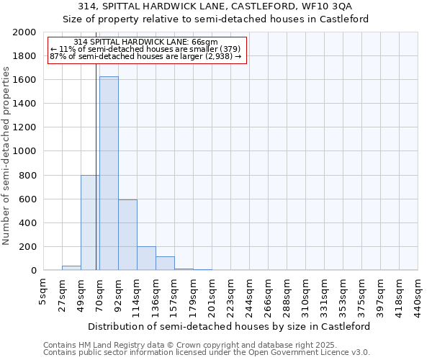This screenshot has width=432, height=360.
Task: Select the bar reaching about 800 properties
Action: click(89, 223)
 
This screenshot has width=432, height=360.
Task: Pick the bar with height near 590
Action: click(127, 235)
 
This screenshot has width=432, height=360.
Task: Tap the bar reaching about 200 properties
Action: click(146, 258)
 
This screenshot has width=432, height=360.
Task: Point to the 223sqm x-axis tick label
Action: click(230, 295)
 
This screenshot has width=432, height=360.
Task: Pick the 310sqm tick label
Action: click(305, 295)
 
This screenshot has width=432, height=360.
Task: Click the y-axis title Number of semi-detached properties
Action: click(7, 156)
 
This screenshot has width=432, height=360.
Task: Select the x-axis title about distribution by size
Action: click(230, 326)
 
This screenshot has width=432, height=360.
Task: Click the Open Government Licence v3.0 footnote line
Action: click(207, 353)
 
